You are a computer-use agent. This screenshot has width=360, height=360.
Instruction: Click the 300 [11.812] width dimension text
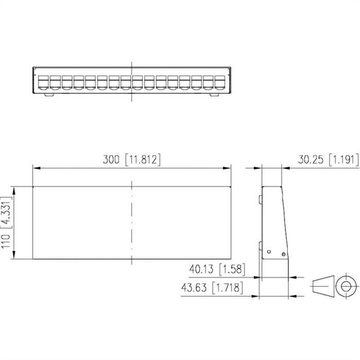coord(132,160)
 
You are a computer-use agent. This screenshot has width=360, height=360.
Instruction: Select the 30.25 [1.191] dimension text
coord(328,160)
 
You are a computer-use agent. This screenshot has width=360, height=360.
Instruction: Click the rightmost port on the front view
coord(220,82)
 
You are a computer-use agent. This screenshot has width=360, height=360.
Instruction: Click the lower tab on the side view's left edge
coord(261,246)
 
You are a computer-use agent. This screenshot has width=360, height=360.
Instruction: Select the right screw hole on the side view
coord(282,254)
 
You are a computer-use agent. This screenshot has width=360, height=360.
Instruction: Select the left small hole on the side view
coord(268,251)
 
